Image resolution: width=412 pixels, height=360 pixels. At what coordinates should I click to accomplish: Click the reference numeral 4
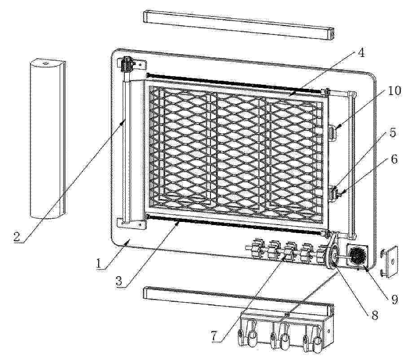coord(362,53)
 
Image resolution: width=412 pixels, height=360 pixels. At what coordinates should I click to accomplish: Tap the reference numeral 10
coord(394,91)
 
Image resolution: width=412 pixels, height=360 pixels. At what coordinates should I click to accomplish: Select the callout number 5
coord(393,133)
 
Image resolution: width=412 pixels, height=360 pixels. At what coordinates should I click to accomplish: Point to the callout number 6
coord(394,159)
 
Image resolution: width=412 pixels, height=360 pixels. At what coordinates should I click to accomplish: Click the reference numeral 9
coord(394,299)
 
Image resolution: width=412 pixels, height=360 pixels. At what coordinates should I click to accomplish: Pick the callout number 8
coord(375,315)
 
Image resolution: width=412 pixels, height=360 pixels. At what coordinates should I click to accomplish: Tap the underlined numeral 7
coord(215,336)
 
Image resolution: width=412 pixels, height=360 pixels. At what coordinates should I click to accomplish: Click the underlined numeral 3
coord(119,281)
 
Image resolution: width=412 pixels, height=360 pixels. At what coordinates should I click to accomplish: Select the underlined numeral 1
coord(99,263)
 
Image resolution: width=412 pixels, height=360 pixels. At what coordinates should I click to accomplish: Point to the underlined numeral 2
coord(17,238)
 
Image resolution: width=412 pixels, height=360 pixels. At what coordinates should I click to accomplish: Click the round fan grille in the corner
coord(357,256)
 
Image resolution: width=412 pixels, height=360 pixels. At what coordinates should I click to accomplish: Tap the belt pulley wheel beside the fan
coord(333,256)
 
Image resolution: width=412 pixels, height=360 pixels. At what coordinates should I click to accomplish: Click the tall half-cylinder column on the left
coord(48,139)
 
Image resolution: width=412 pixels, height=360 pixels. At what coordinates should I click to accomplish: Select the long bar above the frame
coord(239,25)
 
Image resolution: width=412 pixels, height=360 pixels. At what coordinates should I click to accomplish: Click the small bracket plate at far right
coord(390,262)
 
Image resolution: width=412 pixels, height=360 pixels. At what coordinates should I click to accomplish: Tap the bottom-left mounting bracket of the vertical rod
coord(131,224)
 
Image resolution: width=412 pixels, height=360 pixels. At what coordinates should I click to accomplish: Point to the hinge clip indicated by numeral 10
coord(333,133)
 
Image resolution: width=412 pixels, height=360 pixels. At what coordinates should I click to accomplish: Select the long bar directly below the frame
coord(239,302)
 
